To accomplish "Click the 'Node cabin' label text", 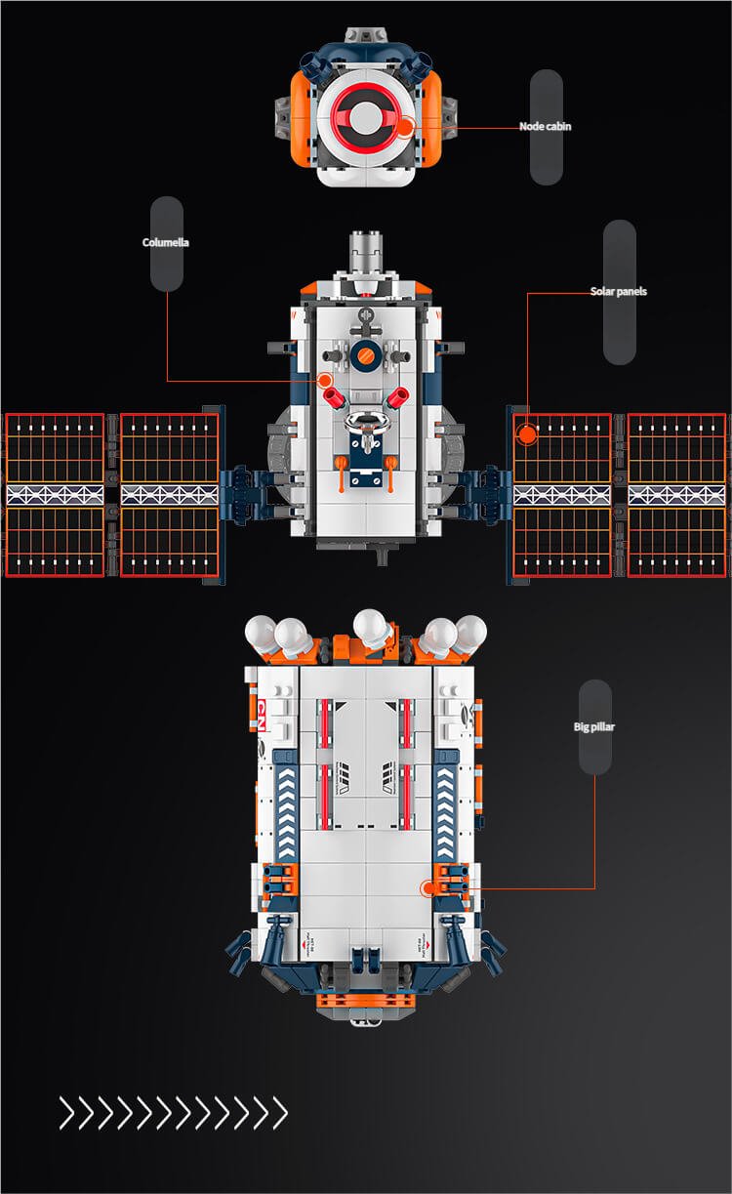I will pyautogui.click(x=545, y=127).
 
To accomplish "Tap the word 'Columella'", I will pyautogui.click(x=166, y=243).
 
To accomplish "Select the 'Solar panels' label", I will pyautogui.click(x=618, y=292).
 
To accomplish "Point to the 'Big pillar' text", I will pyautogui.click(x=594, y=727).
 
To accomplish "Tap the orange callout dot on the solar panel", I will pyautogui.click(x=527, y=432).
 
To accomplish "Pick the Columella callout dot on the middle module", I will pyautogui.click(x=325, y=380).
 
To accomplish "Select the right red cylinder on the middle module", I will pyautogui.click(x=398, y=396).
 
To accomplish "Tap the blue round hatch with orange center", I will pyautogui.click(x=366, y=357).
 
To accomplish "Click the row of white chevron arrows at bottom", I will pyautogui.click(x=173, y=1112).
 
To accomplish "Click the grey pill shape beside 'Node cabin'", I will pyautogui.click(x=547, y=127).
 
